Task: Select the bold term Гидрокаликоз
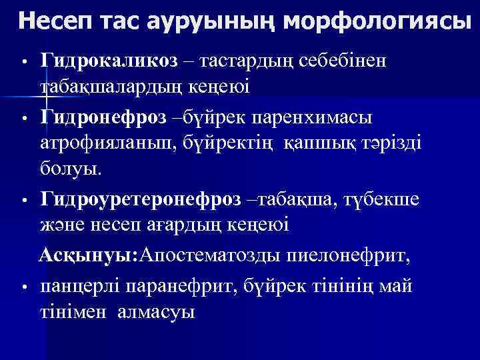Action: pyautogui.click(x=109, y=61)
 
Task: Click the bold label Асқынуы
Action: pyautogui.click(x=85, y=255)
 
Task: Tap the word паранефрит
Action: pyautogui.click(x=179, y=287)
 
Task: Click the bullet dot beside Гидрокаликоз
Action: pyautogui.click(x=23, y=64)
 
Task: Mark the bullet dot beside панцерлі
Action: pyautogui.click(x=23, y=288)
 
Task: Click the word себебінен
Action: pyautogui.click(x=345, y=61)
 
